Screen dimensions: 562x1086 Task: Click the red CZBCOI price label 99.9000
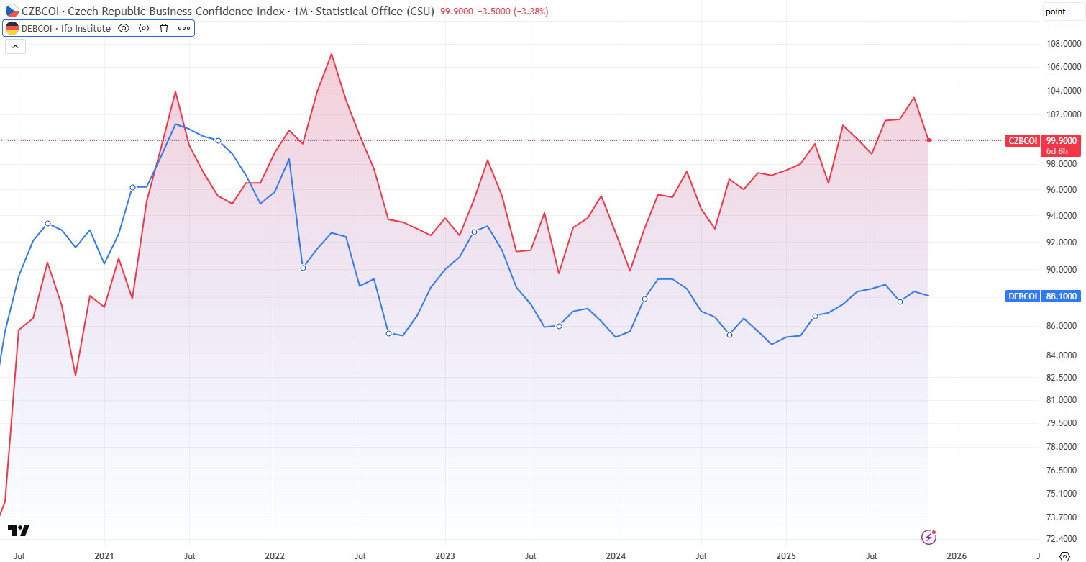pyautogui.click(x=1062, y=140)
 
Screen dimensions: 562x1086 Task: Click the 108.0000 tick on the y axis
pyautogui.click(x=1063, y=44)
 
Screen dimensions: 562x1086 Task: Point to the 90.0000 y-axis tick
pyautogui.click(x=1063, y=270)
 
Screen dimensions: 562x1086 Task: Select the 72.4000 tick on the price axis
pyautogui.click(x=1063, y=539)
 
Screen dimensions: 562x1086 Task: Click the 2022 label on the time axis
pyautogui.click(x=275, y=556)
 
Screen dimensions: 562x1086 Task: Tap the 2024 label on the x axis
pyautogui.click(x=616, y=556)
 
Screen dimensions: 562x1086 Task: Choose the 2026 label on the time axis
pyautogui.click(x=956, y=556)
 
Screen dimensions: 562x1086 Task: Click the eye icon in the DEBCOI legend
pyautogui.click(x=124, y=28)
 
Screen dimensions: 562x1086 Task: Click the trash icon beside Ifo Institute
pyautogui.click(x=164, y=28)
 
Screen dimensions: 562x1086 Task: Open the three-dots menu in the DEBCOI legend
pyautogui.click(x=184, y=28)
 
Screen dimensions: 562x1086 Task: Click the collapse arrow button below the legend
pyautogui.click(x=15, y=47)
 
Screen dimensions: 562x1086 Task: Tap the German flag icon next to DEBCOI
pyautogui.click(x=12, y=28)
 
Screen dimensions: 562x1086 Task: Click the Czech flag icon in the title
pyautogui.click(x=12, y=11)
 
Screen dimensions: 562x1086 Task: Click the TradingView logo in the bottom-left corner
pyautogui.click(x=19, y=531)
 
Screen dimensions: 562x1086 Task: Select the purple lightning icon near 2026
pyautogui.click(x=929, y=537)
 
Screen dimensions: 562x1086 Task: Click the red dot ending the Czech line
pyautogui.click(x=929, y=140)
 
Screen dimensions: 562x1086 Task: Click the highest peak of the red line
pyautogui.click(x=331, y=54)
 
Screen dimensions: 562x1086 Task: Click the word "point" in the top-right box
pyautogui.click(x=1055, y=11)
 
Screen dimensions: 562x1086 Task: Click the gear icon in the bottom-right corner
pyautogui.click(x=1066, y=556)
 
